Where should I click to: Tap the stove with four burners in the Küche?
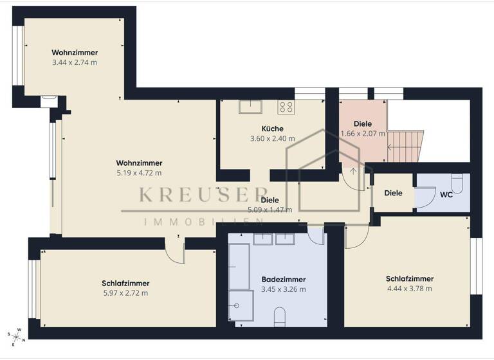tap(286, 107)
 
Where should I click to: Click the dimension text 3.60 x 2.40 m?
tap(272, 138)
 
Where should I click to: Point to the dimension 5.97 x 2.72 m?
tap(125, 293)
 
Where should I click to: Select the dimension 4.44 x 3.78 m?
tap(409, 289)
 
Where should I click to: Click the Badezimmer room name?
tap(283, 280)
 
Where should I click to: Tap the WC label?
tap(446, 194)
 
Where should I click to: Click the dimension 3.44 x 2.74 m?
tap(75, 63)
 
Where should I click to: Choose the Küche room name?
tap(272, 129)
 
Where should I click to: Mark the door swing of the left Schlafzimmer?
tap(174, 251)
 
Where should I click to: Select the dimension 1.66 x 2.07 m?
tap(363, 134)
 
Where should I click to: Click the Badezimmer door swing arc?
tap(316, 236)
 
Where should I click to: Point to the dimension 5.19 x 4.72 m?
tap(139, 173)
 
